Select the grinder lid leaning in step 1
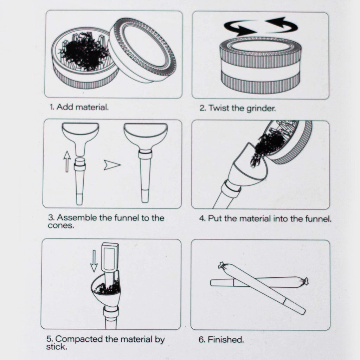click(x=142, y=49)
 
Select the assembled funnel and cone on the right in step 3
click(x=145, y=158)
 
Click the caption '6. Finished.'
click(x=221, y=340)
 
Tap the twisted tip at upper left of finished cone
click(x=221, y=265)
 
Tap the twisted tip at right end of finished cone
click(x=304, y=281)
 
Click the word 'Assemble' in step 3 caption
click(x=77, y=218)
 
